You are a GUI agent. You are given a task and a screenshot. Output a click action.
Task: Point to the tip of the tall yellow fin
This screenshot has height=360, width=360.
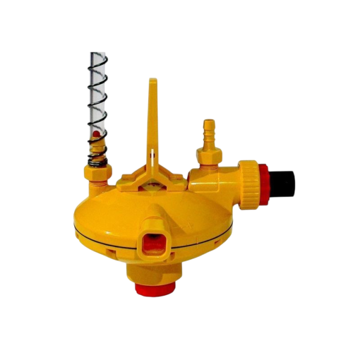[x=153, y=81]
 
